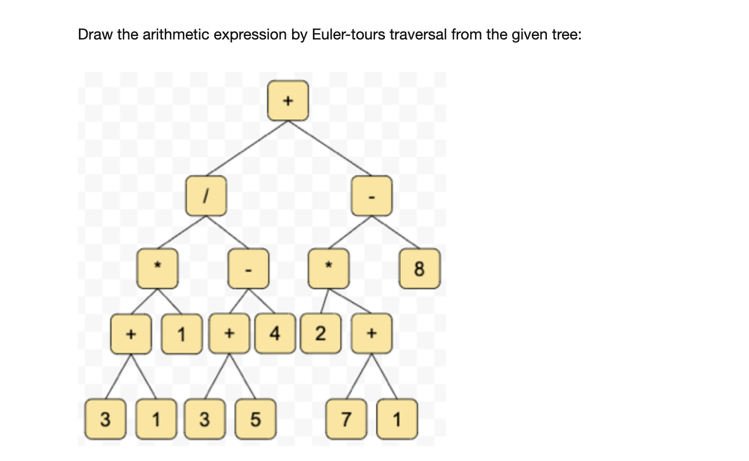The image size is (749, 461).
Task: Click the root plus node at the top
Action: [x=287, y=100]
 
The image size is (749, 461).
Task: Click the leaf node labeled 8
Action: [x=420, y=269]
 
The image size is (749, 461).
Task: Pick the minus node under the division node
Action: [x=248, y=269]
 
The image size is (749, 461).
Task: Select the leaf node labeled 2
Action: [x=320, y=334]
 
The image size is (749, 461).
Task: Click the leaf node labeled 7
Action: [x=345, y=418]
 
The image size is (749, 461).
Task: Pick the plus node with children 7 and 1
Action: [x=372, y=334]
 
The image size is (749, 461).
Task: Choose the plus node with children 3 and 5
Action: [x=229, y=334]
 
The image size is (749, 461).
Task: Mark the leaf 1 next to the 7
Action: [x=397, y=418]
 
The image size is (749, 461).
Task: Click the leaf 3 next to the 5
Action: [x=204, y=418]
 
